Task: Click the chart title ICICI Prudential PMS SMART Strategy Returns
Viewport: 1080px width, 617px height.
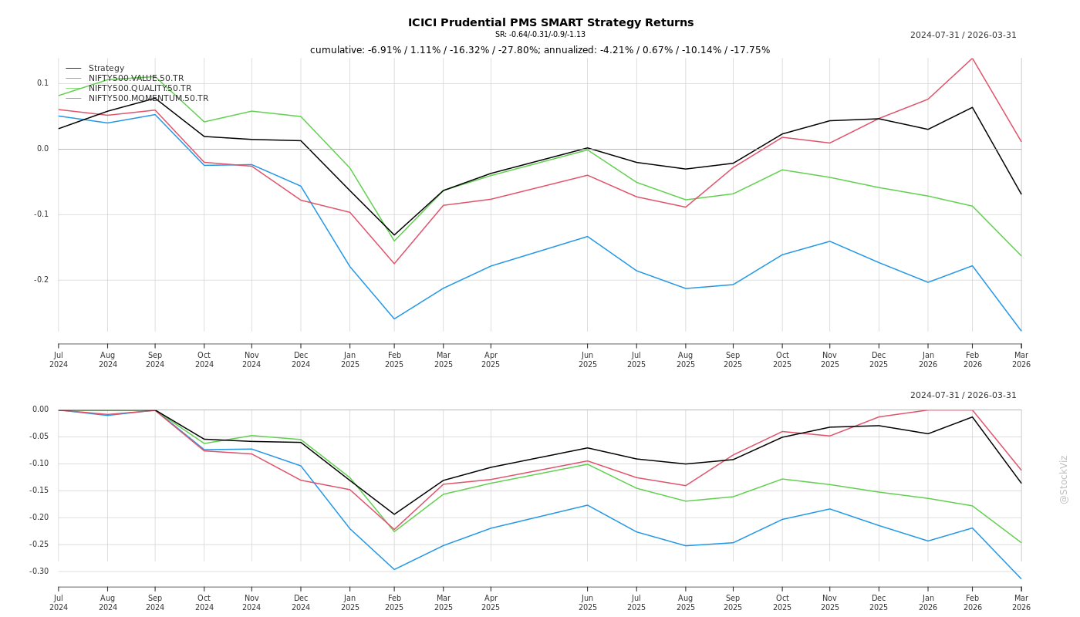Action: tap(551, 22)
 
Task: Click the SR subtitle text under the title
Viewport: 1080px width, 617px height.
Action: tap(540, 35)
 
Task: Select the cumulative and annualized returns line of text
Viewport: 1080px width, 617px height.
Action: tap(540, 50)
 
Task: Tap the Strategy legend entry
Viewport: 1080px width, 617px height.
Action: tap(106, 69)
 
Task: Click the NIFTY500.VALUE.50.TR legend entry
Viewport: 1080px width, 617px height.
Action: tap(136, 79)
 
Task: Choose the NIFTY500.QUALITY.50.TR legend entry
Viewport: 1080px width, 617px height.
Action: tap(140, 89)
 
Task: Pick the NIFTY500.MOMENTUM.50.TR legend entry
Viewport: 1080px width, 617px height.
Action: tap(148, 99)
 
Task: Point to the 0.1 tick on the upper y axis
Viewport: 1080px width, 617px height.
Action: tap(42, 83)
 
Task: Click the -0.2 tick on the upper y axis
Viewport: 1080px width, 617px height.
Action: tap(41, 280)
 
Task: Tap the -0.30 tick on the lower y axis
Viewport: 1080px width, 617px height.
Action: tap(40, 571)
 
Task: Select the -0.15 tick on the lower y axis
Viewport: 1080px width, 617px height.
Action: tap(40, 491)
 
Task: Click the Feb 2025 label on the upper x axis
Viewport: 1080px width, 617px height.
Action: tap(394, 360)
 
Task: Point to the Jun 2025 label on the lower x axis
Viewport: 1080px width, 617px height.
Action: tap(588, 602)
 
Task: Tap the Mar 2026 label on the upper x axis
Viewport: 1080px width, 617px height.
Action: tap(1021, 360)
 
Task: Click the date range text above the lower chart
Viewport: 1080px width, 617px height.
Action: tap(963, 396)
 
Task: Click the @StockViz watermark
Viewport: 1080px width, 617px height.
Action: tap(1064, 479)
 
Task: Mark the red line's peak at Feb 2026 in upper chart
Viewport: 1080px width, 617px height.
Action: tap(972, 59)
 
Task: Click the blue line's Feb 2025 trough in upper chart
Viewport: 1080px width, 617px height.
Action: tap(394, 319)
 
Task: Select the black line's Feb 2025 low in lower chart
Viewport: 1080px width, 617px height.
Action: tap(394, 514)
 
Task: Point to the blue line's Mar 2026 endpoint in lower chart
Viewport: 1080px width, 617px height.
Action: tap(1021, 578)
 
